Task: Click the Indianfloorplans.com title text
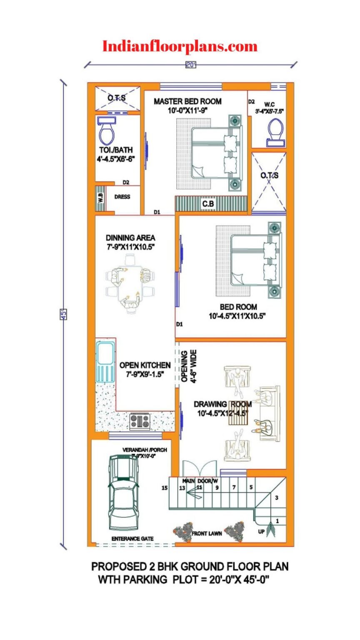pyautogui.click(x=180, y=46)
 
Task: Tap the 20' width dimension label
pyautogui.click(x=190, y=65)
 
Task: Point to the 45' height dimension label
pyautogui.click(x=64, y=314)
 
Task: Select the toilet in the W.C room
pyautogui.click(x=275, y=132)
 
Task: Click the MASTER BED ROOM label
pyautogui.click(x=187, y=101)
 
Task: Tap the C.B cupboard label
pyautogui.click(x=208, y=204)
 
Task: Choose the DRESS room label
pyautogui.click(x=122, y=197)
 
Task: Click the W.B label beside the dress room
pyautogui.click(x=100, y=197)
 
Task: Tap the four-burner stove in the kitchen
pyautogui.click(x=140, y=421)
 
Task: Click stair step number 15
pyautogui.click(x=165, y=488)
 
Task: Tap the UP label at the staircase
pyautogui.click(x=261, y=531)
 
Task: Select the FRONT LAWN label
pyautogui.click(x=206, y=533)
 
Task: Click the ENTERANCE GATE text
pyautogui.click(x=132, y=539)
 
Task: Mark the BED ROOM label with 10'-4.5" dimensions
pyautogui.click(x=239, y=307)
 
